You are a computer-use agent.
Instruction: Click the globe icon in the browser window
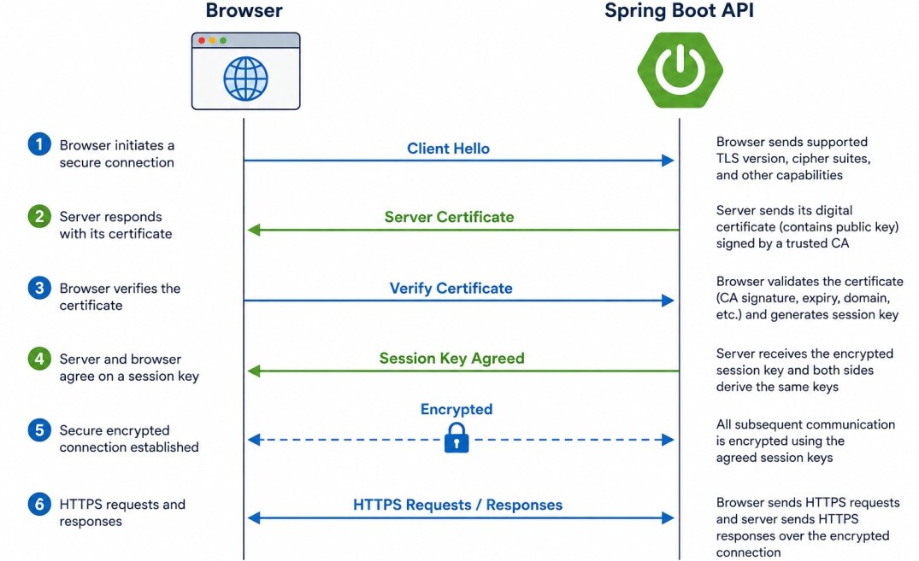click(x=245, y=79)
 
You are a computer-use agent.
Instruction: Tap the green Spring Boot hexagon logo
click(x=680, y=70)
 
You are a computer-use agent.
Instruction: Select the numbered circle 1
click(x=39, y=144)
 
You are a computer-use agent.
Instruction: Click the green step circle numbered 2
click(x=39, y=216)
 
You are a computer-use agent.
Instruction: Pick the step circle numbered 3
click(x=39, y=288)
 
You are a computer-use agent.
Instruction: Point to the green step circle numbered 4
click(x=39, y=359)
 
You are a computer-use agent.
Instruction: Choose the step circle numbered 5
click(x=39, y=430)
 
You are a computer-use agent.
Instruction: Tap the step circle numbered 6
click(x=39, y=504)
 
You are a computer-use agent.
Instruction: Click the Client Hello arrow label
click(x=448, y=149)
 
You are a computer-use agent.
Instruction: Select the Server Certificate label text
click(x=449, y=217)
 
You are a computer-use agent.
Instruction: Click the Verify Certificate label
click(x=451, y=288)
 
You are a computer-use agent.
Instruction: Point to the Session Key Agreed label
click(x=451, y=359)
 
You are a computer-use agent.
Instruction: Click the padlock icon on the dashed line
click(x=457, y=438)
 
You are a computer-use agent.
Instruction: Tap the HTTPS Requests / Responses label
click(x=457, y=505)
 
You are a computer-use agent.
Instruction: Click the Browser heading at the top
click(x=244, y=10)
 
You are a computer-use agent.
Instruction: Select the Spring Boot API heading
click(x=680, y=10)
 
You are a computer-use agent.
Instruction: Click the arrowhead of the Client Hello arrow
click(x=668, y=161)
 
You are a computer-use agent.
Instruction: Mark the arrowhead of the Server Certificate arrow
click(x=254, y=231)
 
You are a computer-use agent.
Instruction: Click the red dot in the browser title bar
click(x=202, y=40)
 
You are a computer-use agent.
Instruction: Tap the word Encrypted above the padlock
click(x=457, y=409)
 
